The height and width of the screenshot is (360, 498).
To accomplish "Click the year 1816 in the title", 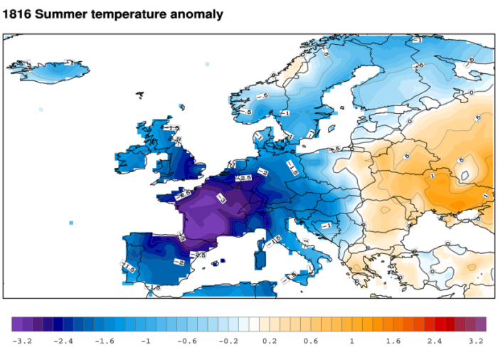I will (x=19, y=14).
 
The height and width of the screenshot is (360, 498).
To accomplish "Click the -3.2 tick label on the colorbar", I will (x=22, y=342).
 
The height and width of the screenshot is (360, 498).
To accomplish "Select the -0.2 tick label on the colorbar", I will (x=228, y=342).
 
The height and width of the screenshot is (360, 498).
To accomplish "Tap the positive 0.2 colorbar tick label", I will (x=270, y=342).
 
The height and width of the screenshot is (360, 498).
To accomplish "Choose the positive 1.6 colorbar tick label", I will (x=393, y=342).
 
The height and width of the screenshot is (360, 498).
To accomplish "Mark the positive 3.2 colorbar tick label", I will (x=476, y=342).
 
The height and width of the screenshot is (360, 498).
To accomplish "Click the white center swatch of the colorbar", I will (x=249, y=324).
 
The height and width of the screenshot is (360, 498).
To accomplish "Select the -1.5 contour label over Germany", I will (x=292, y=167).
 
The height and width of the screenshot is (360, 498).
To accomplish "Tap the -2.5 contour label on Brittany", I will (x=184, y=194).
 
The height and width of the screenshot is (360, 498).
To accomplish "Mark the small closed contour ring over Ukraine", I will (x=465, y=171).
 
